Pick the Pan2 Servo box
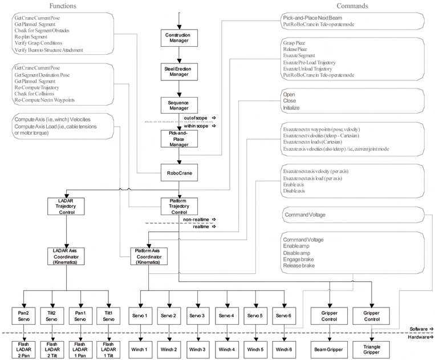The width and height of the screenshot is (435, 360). click(x=23, y=316)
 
